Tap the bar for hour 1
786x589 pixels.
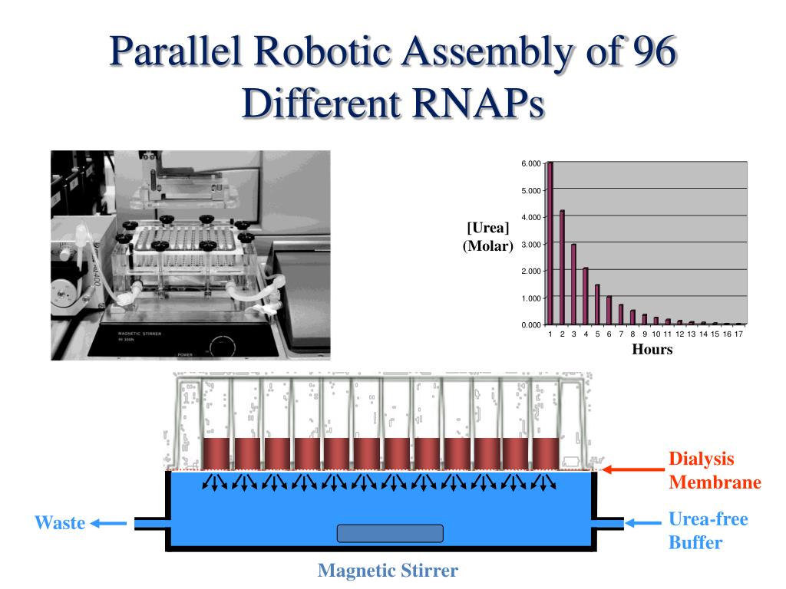[550, 243]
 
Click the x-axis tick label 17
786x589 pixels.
[739, 335]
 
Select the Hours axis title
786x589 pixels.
[652, 350]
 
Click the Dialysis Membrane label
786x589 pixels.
[715, 471]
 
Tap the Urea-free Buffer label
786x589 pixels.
[708, 531]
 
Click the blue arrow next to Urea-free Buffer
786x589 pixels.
[642, 523]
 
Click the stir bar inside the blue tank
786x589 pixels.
[390, 533]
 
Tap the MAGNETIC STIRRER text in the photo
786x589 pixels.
[140, 334]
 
